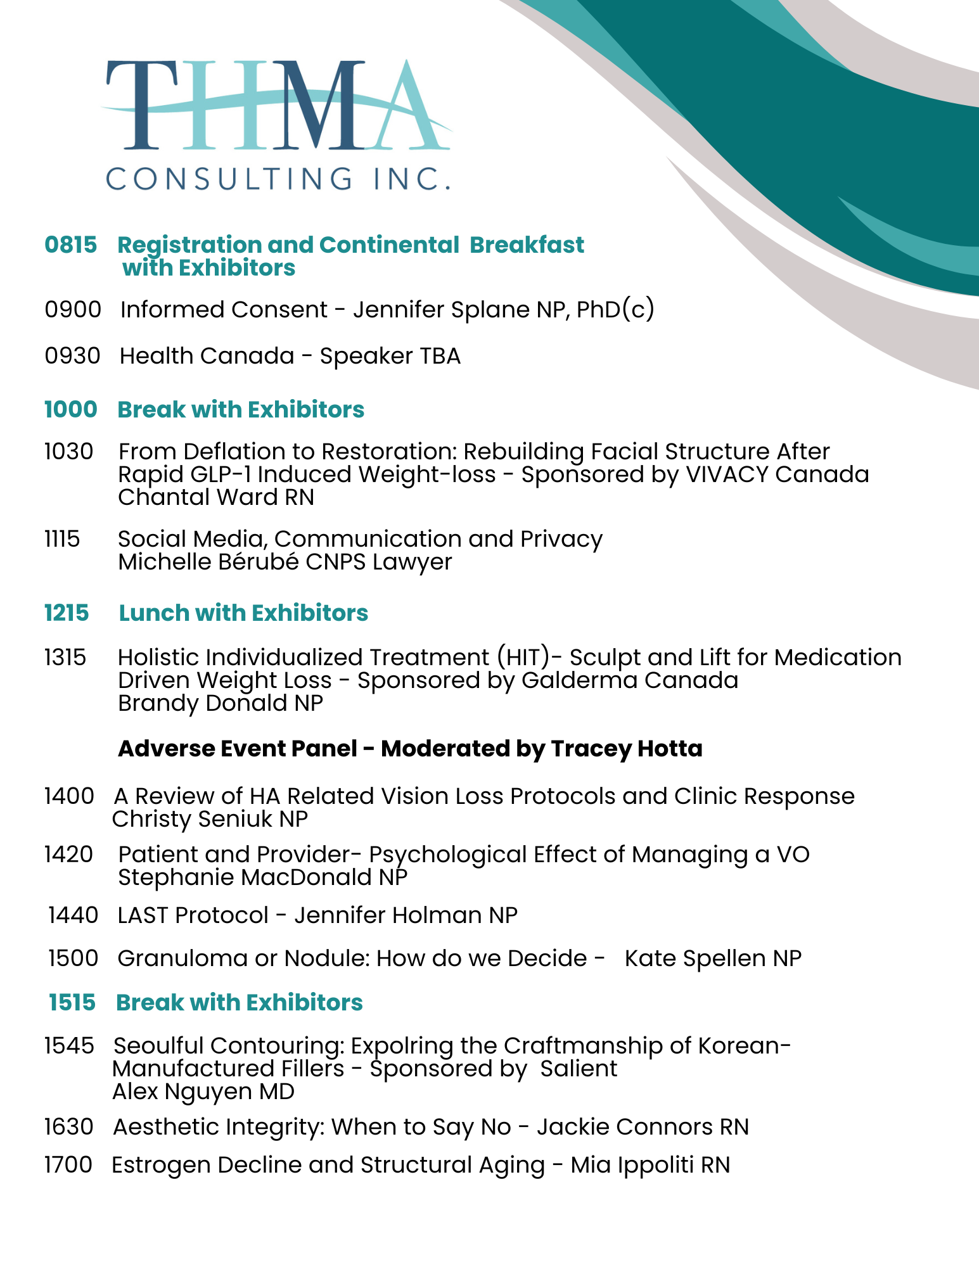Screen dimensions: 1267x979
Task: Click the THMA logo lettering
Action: [276, 106]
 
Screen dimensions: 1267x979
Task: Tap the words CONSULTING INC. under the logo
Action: [278, 179]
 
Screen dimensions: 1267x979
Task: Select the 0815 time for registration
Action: [71, 245]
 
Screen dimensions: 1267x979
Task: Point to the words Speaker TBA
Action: [390, 356]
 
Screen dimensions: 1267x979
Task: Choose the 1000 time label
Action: [71, 410]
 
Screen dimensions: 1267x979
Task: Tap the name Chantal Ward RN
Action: [216, 497]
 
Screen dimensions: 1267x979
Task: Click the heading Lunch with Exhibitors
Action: [243, 613]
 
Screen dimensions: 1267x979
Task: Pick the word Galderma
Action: [563, 680]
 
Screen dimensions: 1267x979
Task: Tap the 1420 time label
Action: [68, 855]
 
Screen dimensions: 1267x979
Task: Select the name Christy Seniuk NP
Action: [210, 819]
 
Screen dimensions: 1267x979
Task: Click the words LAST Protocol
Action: [193, 915]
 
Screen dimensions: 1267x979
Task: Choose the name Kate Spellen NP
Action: [713, 958]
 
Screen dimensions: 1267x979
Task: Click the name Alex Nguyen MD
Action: [203, 1092]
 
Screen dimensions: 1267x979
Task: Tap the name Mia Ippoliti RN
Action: [650, 1165]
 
